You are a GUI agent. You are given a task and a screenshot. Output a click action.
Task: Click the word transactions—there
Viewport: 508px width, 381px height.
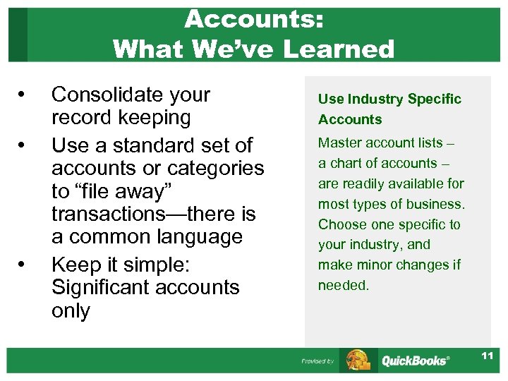tap(142, 214)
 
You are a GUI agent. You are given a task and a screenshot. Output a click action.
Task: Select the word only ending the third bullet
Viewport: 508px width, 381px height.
tap(71, 310)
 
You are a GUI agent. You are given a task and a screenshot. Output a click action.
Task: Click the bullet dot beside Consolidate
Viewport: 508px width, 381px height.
tap(23, 95)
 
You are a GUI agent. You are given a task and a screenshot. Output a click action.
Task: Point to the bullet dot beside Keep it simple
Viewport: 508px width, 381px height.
tap(23, 265)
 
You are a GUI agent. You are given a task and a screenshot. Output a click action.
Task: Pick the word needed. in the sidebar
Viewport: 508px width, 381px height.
tap(344, 286)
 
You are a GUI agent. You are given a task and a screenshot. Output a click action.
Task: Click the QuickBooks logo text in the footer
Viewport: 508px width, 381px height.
tap(415, 361)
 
